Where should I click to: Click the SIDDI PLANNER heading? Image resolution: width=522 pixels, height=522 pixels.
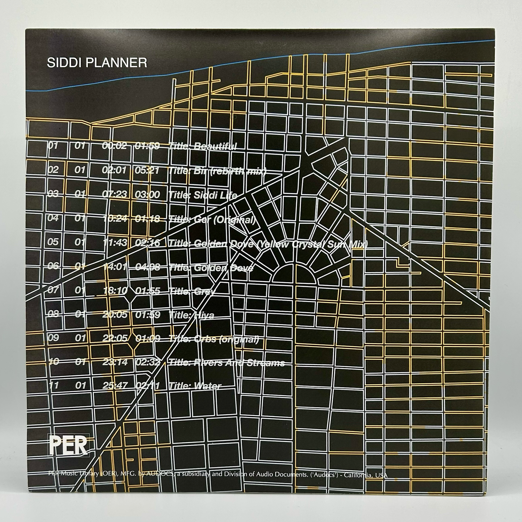[97, 62]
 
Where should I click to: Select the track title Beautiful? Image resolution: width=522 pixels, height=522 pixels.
[203, 146]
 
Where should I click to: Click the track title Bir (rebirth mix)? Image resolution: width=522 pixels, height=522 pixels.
[217, 171]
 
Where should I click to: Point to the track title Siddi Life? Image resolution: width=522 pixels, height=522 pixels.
[203, 195]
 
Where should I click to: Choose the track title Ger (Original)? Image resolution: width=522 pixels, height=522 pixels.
[212, 219]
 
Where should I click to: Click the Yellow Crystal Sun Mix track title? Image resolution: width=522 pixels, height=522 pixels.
[268, 244]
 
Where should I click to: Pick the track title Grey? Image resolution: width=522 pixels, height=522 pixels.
[192, 291]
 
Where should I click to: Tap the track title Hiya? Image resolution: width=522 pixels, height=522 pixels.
[191, 315]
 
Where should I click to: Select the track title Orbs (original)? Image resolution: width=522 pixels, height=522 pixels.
[214, 339]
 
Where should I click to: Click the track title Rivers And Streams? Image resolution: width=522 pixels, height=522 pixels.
[227, 363]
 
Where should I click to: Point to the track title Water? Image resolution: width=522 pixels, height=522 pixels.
[195, 386]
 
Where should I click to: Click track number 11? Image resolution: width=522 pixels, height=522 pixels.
[53, 385]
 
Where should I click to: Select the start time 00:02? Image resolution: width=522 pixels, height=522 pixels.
[115, 146]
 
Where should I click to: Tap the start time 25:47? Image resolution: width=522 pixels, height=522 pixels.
[115, 385]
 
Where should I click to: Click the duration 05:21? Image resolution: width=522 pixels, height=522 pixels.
[147, 171]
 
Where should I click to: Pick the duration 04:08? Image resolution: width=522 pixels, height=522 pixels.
[147, 267]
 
